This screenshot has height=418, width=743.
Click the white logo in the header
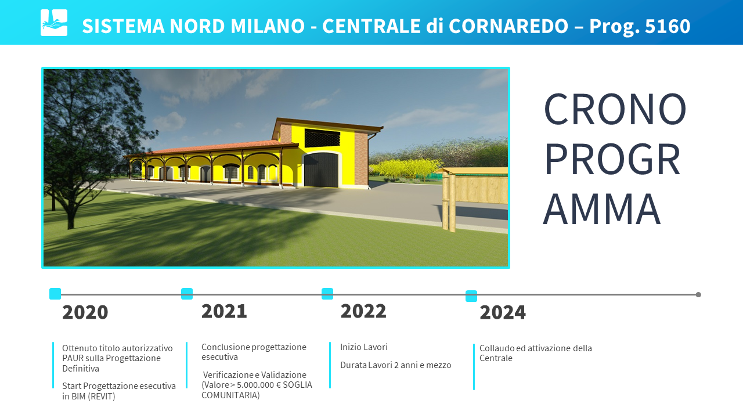pyautogui.click(x=54, y=23)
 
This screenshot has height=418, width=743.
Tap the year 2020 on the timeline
pyautogui.click(x=85, y=312)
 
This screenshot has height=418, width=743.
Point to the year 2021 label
pyautogui.click(x=224, y=311)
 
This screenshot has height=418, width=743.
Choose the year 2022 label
pyautogui.click(x=363, y=311)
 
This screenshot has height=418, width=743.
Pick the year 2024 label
pyautogui.click(x=503, y=312)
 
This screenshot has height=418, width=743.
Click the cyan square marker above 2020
pyautogui.click(x=55, y=294)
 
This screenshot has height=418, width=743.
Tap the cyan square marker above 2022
pyautogui.click(x=327, y=294)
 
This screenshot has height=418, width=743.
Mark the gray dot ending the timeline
pyautogui.click(x=698, y=294)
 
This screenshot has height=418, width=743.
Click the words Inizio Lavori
pyautogui.click(x=364, y=347)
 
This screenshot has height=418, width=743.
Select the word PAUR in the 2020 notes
pyautogui.click(x=73, y=358)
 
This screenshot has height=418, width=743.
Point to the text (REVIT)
pyautogui.click(x=102, y=397)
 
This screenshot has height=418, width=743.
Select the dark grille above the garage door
pyautogui.click(x=322, y=139)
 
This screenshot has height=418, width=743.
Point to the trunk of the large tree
pyautogui.click(x=71, y=215)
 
